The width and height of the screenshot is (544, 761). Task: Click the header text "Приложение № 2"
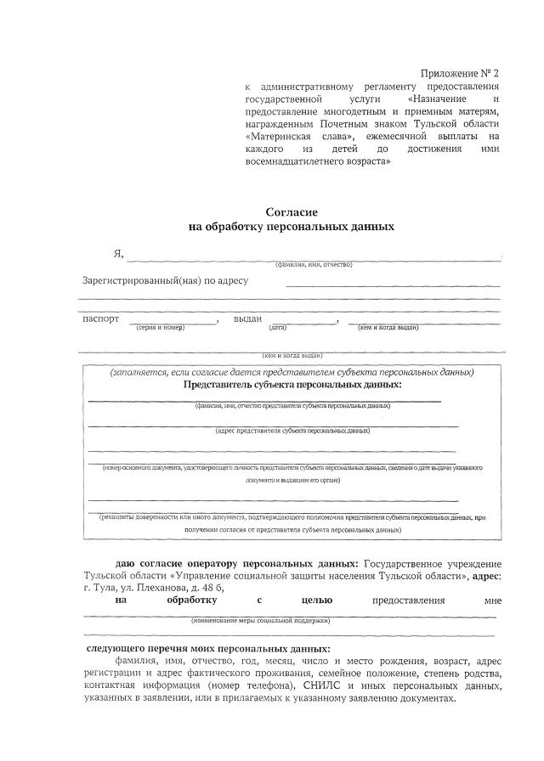[x=460, y=74]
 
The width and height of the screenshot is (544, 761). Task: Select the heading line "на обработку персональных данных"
[x=292, y=227]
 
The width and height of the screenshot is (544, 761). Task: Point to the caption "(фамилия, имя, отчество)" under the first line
[x=313, y=266]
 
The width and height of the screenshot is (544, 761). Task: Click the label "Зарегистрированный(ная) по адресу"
[x=165, y=280]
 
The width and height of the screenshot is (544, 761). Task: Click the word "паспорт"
[x=101, y=319]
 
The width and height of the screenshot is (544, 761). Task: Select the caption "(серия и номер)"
[x=161, y=328]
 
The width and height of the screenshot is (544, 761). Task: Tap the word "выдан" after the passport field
[x=247, y=319]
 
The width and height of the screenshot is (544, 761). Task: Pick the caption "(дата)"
[x=277, y=328]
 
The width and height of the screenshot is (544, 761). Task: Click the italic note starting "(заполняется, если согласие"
[x=292, y=372]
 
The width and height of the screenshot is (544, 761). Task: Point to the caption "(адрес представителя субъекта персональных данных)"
[x=292, y=431]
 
